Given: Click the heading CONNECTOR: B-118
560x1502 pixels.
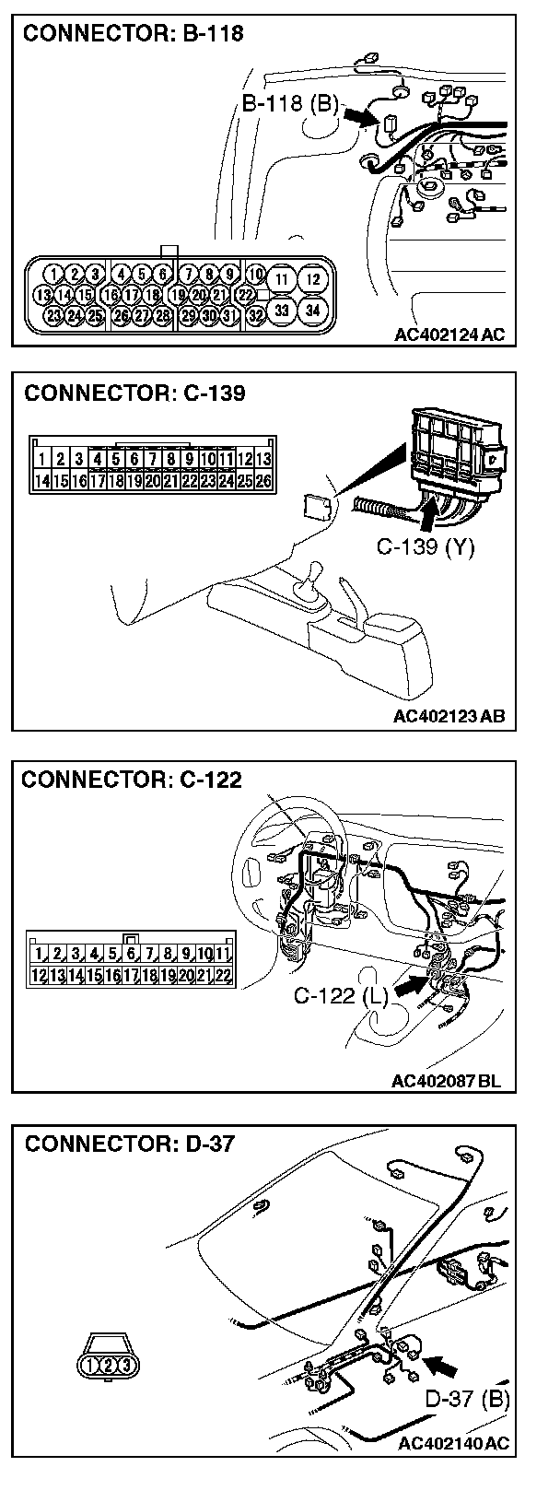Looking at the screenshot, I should (x=133, y=35).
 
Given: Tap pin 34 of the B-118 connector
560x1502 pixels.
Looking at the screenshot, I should (x=313, y=311).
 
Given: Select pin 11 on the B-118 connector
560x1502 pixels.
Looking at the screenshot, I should (x=282, y=278).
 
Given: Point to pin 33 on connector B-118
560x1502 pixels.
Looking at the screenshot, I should (x=282, y=311).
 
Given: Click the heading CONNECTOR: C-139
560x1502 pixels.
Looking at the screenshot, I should (x=134, y=394).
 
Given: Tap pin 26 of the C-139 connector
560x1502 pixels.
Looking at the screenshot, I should (x=262, y=480).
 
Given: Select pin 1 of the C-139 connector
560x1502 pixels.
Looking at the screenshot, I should (x=42, y=459).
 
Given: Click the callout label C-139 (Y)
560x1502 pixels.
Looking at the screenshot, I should (x=425, y=547).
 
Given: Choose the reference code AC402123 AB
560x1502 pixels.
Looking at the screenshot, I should (x=449, y=716).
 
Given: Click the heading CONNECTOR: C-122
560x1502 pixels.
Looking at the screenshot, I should (x=132, y=780).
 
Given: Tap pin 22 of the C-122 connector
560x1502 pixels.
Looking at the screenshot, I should (x=222, y=975).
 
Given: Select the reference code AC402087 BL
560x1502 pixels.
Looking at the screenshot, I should (x=447, y=1080).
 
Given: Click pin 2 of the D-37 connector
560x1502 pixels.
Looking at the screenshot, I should (x=109, y=1364).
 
